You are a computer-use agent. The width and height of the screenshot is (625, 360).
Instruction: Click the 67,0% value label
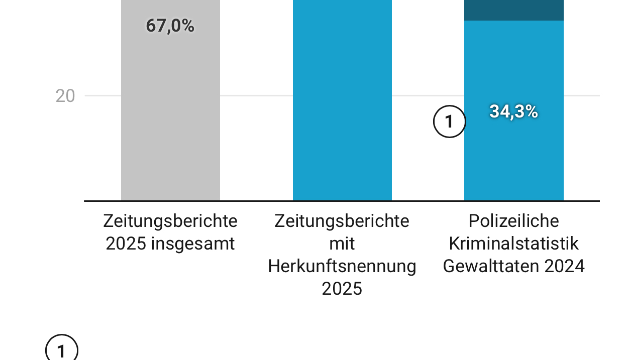pos(170,26)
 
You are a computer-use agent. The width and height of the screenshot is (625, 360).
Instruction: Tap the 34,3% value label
pos(513,112)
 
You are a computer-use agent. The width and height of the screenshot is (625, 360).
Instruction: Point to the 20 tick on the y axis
pos(65,96)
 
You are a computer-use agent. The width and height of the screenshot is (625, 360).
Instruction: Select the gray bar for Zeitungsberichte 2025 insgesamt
pos(170,126)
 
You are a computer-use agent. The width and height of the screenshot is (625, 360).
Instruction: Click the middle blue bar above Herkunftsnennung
pos(342,100)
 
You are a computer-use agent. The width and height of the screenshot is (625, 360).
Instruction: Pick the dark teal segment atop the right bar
pos(513,10)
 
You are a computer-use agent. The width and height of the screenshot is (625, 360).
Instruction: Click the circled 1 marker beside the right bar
pos(449,122)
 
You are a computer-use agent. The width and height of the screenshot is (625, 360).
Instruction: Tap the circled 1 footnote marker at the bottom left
pos(61,350)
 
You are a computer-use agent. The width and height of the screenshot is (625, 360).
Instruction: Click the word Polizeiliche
pos(513,221)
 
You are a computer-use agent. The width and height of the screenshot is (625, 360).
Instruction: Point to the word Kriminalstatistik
pos(513,244)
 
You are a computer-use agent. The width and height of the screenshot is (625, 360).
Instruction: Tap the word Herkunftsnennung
pos(342,266)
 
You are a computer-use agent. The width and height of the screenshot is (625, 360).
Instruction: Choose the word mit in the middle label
pos(342,244)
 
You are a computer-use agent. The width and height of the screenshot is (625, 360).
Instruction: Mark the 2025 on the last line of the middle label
pos(342,289)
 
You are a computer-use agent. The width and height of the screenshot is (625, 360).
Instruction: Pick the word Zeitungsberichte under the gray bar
pos(170,221)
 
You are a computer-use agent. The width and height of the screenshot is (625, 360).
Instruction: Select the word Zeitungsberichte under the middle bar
pos(342,221)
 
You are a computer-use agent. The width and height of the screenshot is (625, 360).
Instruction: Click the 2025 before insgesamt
pos(126,244)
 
